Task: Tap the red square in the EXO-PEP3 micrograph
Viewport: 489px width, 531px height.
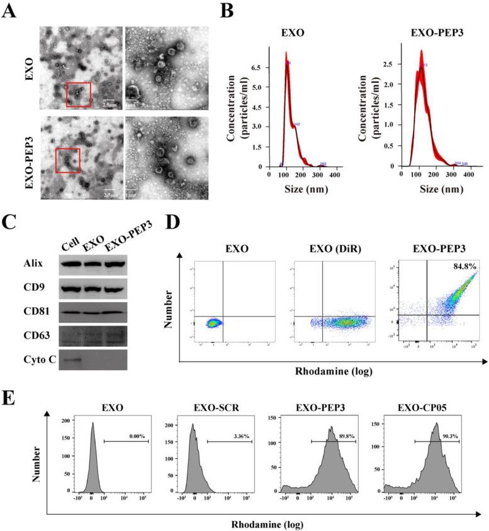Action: click(68, 160)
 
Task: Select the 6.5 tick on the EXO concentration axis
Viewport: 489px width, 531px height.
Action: click(254, 65)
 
